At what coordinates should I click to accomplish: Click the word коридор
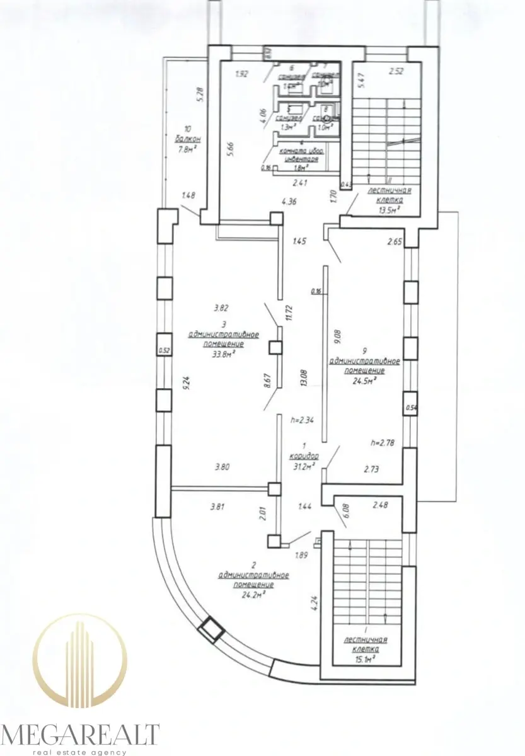[305, 455]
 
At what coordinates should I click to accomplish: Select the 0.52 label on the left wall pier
[164, 352]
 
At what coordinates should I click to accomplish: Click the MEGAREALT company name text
[80, 735]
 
